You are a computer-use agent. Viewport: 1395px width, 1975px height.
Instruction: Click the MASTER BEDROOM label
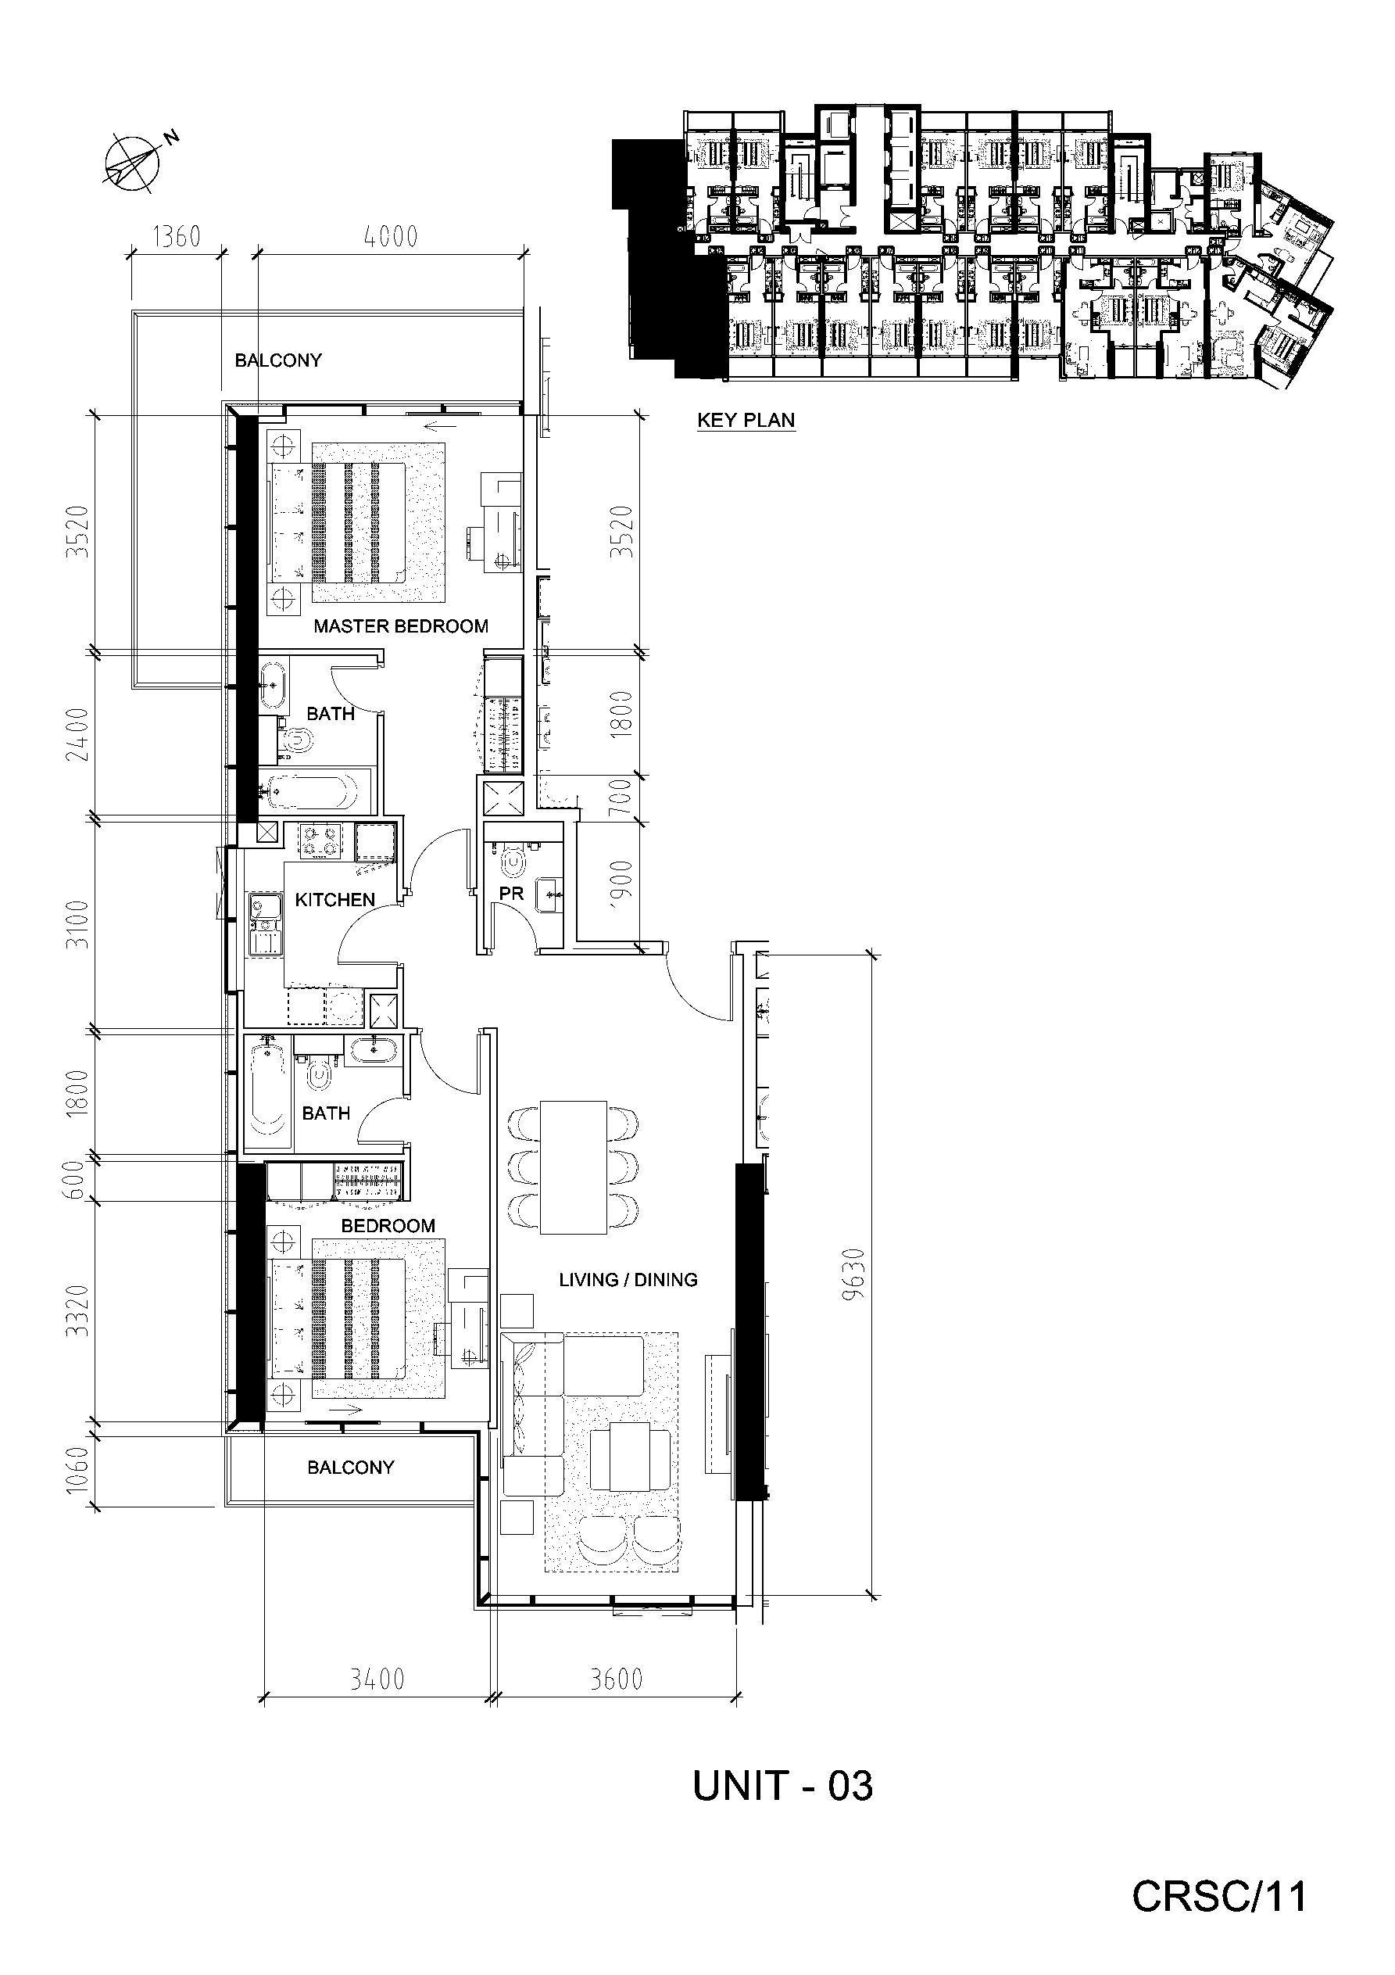401,626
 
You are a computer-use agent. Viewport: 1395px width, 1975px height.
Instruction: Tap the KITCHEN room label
334,900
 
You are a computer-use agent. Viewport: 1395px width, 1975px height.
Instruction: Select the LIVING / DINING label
628,1280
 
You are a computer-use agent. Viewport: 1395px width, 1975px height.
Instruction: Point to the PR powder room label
511,894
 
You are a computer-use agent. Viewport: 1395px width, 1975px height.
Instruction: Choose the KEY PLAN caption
746,421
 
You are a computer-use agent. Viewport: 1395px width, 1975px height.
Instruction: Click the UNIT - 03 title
782,1786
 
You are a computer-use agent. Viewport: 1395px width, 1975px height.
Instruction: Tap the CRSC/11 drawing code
1218,1896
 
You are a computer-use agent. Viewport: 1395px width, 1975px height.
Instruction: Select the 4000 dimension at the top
391,235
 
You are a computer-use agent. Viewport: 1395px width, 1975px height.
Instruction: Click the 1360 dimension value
177,235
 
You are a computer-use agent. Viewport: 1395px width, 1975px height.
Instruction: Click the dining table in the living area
574,1167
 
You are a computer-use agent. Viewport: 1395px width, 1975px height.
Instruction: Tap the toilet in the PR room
514,862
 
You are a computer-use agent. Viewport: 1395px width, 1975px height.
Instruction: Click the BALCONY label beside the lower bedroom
351,1468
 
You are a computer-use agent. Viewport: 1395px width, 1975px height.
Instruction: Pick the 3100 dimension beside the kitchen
77,924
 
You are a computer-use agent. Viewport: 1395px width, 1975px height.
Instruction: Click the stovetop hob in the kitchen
320,841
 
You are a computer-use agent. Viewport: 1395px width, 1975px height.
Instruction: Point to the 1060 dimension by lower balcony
77,1471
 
